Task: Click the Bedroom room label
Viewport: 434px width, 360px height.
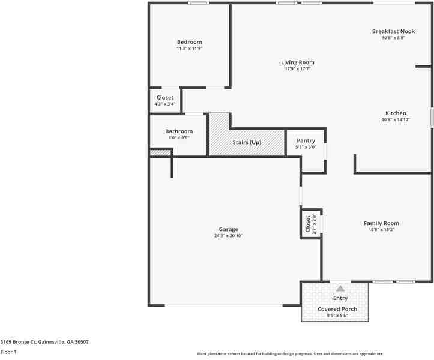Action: (x=189, y=42)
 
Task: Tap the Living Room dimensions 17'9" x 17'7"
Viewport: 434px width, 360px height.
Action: (x=297, y=69)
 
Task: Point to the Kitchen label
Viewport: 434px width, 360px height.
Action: (x=396, y=113)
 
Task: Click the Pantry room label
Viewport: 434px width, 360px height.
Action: (x=306, y=141)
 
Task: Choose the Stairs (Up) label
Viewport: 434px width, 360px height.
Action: (x=247, y=143)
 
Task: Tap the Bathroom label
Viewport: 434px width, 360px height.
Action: (x=179, y=131)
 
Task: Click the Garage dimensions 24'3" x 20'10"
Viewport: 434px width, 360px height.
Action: (x=228, y=236)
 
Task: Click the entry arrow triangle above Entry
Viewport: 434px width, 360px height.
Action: (x=340, y=289)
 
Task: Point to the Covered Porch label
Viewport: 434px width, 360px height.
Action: (x=337, y=309)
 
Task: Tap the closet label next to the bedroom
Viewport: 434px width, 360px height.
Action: (x=165, y=98)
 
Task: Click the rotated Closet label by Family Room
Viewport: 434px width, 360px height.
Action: (x=308, y=224)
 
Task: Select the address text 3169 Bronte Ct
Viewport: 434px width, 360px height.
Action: (x=44, y=342)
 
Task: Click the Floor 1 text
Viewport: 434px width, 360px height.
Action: (x=8, y=352)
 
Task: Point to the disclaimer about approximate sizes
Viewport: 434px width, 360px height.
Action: (x=291, y=354)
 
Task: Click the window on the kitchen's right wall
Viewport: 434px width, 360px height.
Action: (x=432, y=117)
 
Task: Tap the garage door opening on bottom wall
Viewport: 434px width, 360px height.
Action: (x=224, y=305)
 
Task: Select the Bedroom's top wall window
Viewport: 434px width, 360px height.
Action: (x=198, y=4)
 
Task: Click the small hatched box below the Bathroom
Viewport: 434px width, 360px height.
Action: (x=160, y=153)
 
